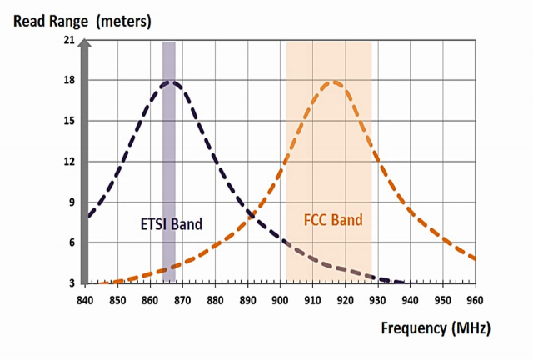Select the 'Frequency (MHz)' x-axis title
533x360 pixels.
(435, 327)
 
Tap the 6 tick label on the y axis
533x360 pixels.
(72, 242)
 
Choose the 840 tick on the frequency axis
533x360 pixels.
(84, 298)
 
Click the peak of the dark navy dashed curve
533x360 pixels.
(171, 81)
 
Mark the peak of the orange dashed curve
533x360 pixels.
(334, 81)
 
